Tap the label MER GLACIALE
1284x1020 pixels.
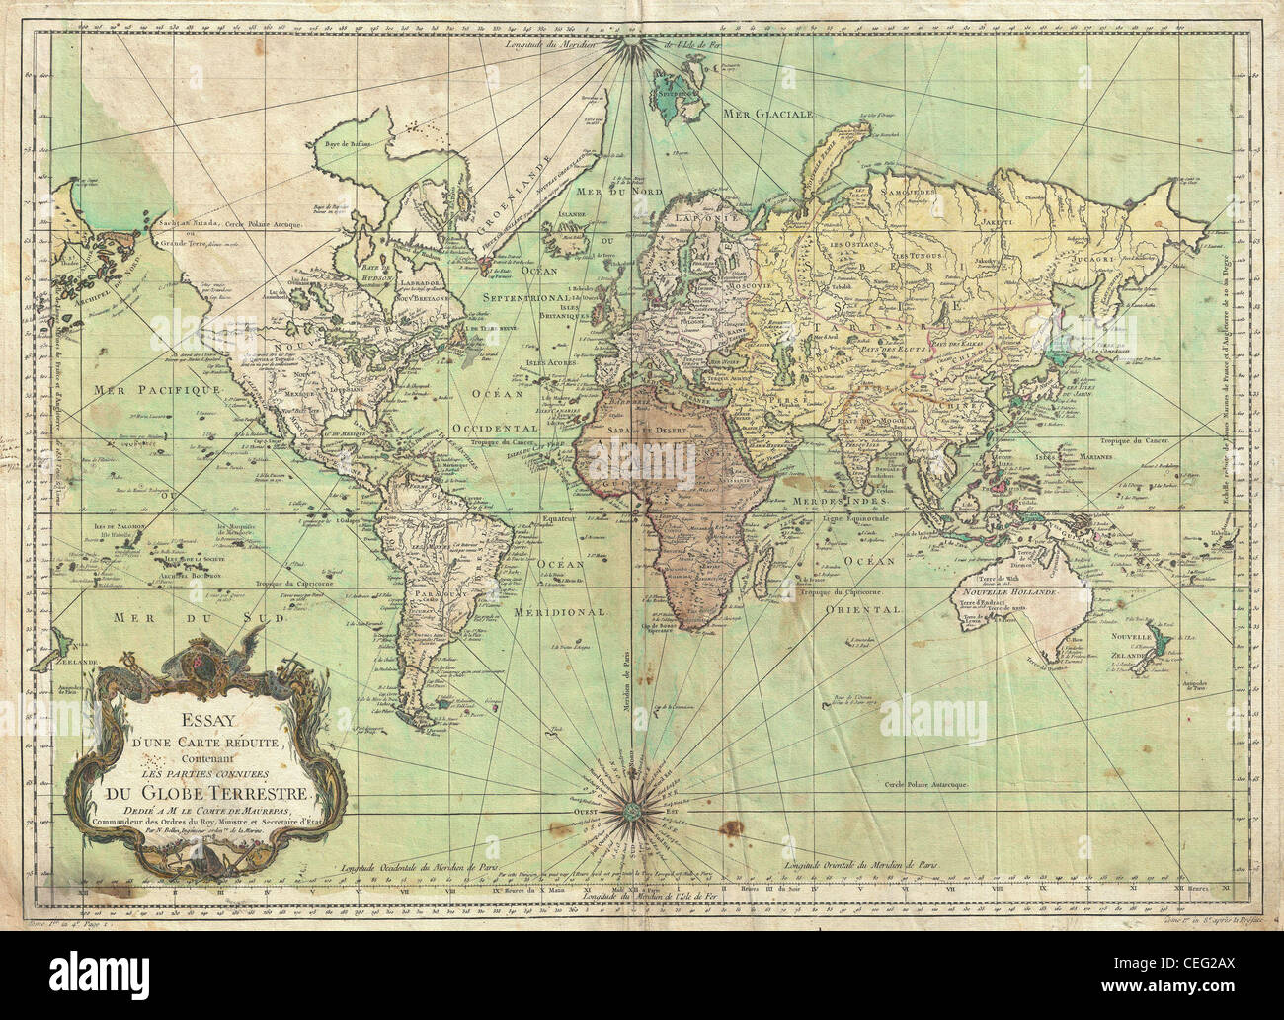click(x=766, y=114)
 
